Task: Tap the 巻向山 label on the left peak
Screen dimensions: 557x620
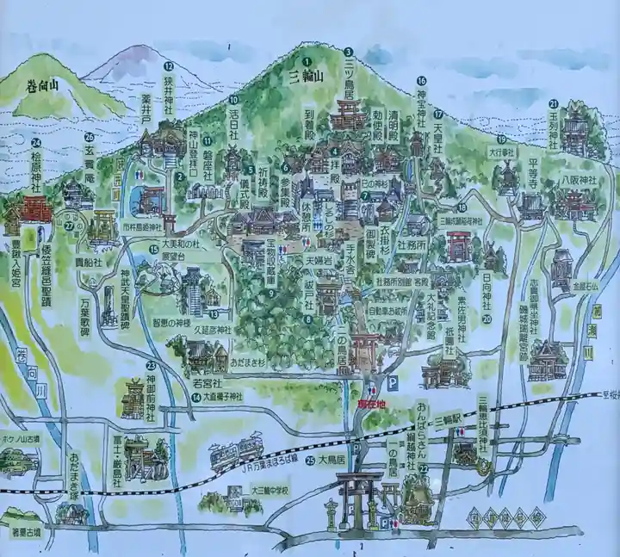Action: tap(44, 84)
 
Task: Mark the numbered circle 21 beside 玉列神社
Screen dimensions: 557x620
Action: tap(554, 104)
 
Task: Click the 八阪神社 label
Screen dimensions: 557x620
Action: tap(571, 181)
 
